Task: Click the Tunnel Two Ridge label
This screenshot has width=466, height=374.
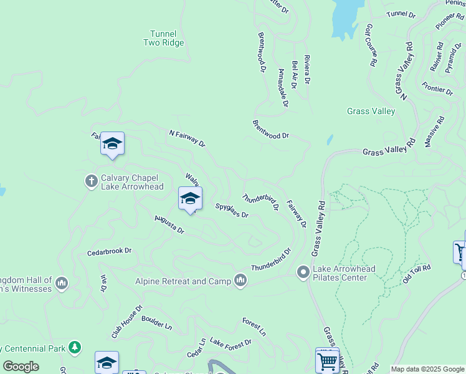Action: tap(164, 38)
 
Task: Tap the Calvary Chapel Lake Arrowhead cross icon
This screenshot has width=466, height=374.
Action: tap(91, 181)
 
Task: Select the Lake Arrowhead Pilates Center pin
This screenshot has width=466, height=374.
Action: tap(303, 272)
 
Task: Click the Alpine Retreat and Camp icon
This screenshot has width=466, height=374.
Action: tap(240, 281)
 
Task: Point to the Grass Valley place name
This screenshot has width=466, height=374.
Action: tap(371, 112)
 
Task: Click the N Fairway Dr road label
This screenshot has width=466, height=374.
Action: tap(187, 138)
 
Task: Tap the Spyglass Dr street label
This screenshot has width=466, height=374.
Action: tap(232, 210)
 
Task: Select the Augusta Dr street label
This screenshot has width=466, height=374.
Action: tap(169, 225)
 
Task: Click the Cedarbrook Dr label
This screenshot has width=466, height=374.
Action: tap(110, 251)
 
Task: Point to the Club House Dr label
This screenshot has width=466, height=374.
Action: tap(127, 322)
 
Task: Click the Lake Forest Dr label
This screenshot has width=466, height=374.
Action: tap(231, 342)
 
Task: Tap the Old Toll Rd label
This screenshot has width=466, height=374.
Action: tap(416, 274)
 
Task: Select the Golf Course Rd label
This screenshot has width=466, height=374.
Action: tap(370, 46)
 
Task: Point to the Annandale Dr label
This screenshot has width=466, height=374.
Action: tap(282, 88)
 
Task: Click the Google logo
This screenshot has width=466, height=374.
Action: tap(21, 367)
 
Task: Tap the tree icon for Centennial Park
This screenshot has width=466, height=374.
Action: tap(75, 347)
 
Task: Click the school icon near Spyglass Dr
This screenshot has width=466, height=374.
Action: tap(190, 199)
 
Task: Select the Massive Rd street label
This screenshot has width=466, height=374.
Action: tap(434, 132)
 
